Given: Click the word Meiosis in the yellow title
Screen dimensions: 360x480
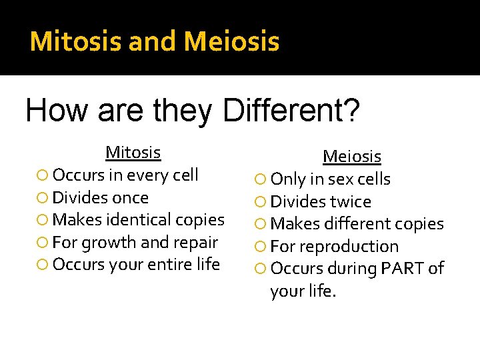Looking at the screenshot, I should (x=231, y=41).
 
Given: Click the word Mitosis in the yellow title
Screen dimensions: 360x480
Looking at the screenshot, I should (x=76, y=41).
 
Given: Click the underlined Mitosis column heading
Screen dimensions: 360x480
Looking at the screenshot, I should (x=133, y=153).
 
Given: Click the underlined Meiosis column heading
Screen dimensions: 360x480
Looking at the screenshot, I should (x=351, y=157).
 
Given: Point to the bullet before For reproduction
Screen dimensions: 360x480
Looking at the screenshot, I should (x=261, y=247).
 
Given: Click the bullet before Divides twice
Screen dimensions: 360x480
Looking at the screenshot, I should (x=261, y=202).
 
